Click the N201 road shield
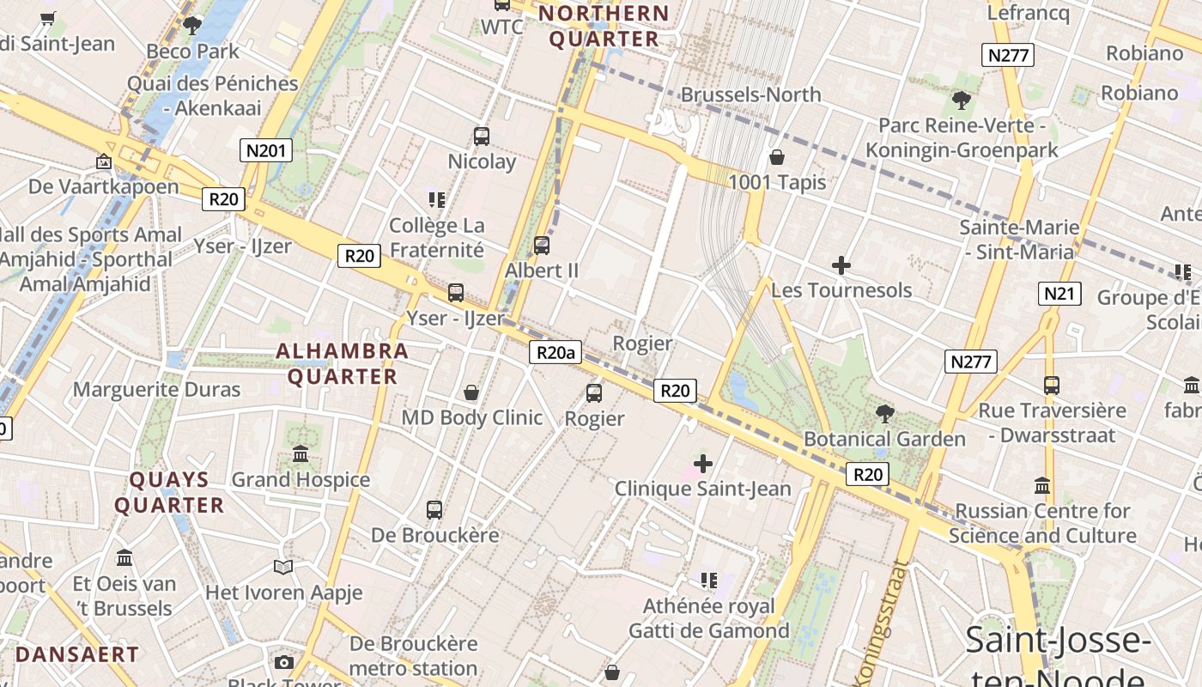[265, 151]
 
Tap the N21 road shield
[1059, 294]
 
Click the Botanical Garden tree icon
[884, 414]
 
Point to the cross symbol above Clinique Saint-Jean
[703, 465]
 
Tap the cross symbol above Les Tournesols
[841, 265]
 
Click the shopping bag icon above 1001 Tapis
[777, 157]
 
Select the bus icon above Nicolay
[482, 136]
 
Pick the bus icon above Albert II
[542, 246]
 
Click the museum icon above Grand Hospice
[300, 453]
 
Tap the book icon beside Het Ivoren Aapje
[283, 567]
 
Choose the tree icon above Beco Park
[192, 25]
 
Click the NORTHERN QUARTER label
[604, 26]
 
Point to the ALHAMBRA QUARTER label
[342, 363]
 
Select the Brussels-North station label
[750, 94]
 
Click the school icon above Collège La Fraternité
[436, 200]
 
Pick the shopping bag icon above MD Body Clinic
[471, 392]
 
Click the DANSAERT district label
[77, 654]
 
